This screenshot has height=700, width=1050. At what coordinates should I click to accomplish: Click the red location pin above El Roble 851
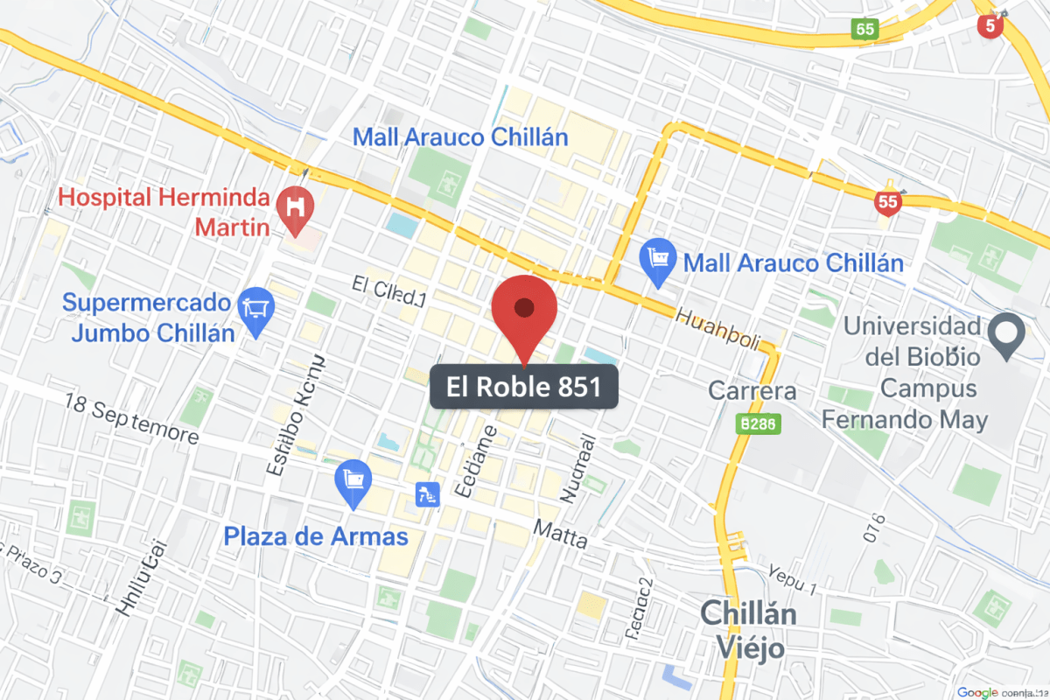coord(524,309)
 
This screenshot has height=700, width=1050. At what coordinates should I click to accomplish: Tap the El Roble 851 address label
coord(524,387)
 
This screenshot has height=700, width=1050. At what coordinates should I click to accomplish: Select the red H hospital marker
coord(297,208)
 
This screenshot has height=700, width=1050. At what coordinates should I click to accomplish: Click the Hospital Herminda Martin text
coord(166,212)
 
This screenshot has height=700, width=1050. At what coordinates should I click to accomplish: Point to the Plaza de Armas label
coord(316,536)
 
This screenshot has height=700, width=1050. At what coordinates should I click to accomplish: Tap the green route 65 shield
coord(864,29)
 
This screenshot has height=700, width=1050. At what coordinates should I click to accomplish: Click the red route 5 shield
coord(990,25)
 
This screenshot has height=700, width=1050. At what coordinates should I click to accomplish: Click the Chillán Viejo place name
coord(748,630)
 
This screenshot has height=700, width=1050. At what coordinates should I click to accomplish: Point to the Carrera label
coord(752,390)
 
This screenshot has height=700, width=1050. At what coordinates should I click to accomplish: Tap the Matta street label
coord(560,533)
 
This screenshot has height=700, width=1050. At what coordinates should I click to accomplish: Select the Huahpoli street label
coord(718,329)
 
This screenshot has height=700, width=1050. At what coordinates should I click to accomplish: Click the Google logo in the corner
coord(977,692)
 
